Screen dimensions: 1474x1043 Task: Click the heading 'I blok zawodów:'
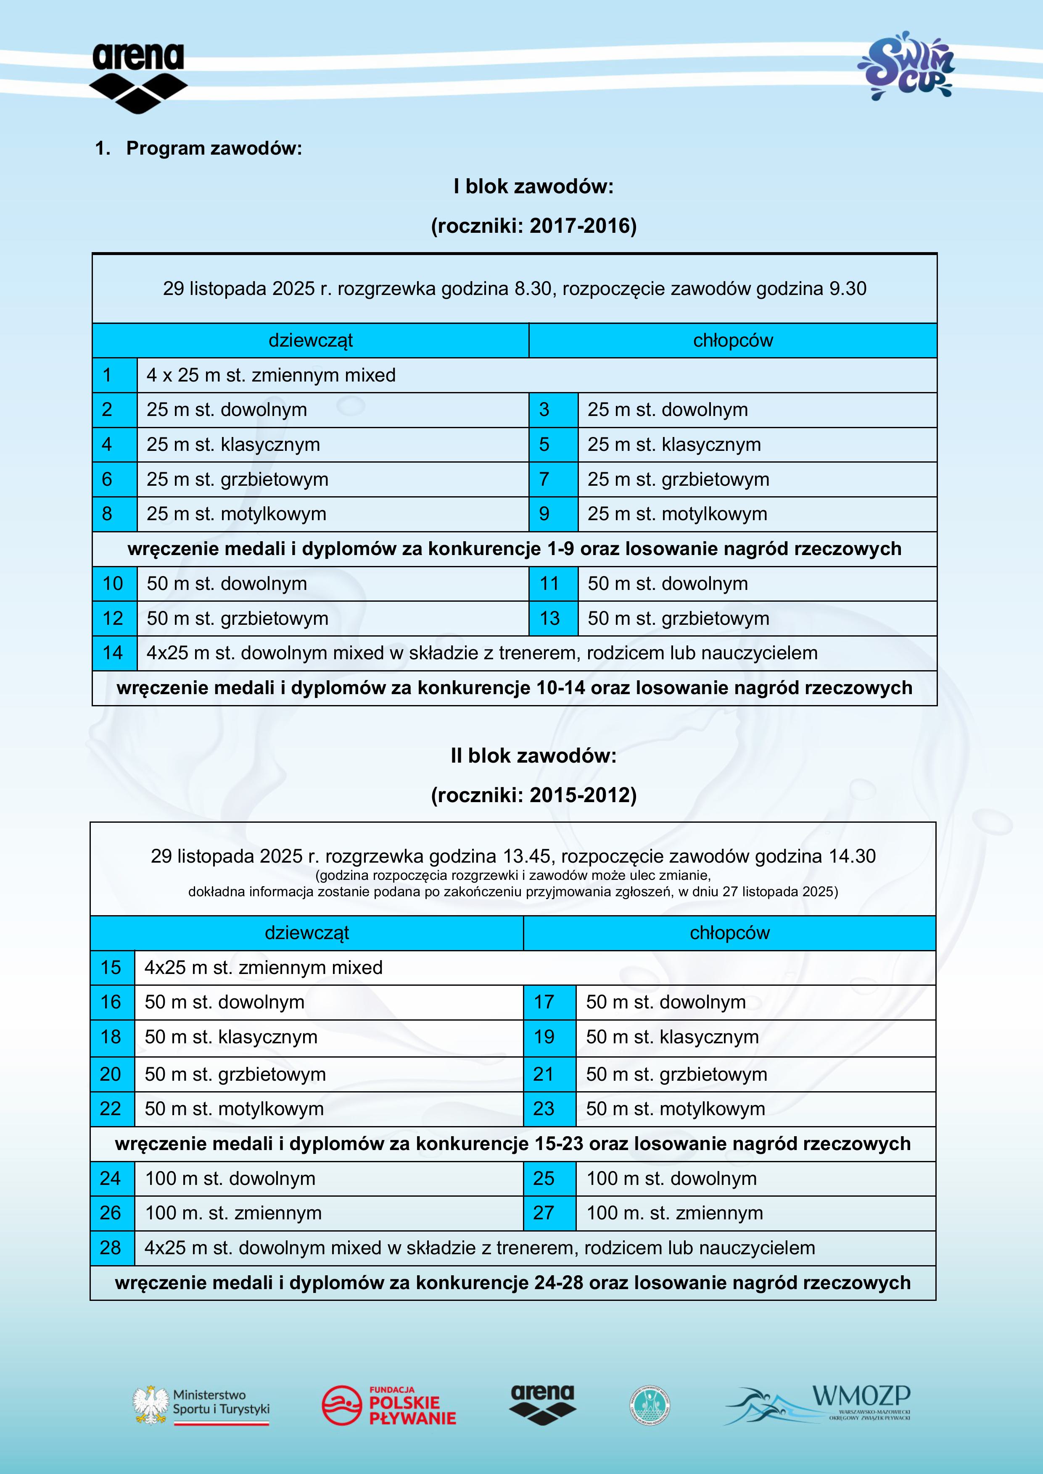point(533,187)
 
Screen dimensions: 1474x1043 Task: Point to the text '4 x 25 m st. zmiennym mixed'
point(271,375)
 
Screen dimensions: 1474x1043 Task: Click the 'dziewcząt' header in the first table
point(310,340)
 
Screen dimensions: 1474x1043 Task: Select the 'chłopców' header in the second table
point(729,933)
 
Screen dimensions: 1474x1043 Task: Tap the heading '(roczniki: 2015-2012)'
point(533,795)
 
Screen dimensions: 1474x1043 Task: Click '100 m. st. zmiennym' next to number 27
point(674,1213)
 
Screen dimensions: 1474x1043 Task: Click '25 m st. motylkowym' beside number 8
point(236,513)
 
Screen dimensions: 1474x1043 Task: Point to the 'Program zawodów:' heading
point(214,148)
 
